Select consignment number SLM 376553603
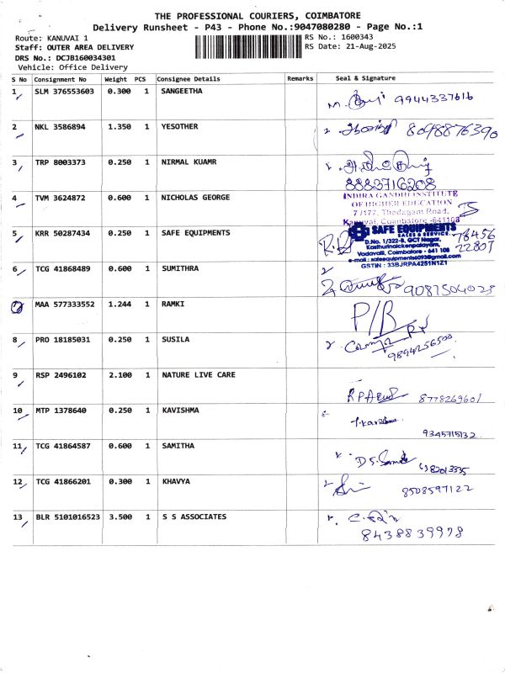click(66, 91)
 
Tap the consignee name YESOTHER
click(181, 127)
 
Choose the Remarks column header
click(300, 78)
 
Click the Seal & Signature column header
click(365, 78)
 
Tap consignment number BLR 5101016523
click(67, 517)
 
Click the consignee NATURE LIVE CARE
click(198, 374)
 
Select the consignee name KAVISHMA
click(183, 411)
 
